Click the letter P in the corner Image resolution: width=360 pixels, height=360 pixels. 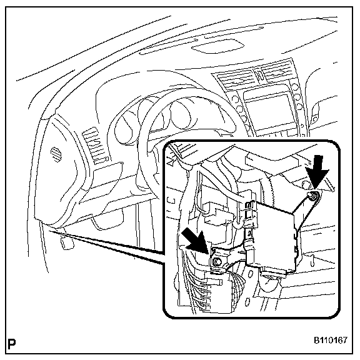click(12, 344)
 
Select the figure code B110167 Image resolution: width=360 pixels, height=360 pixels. click(331, 340)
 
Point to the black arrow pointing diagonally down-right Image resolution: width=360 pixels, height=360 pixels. click(196, 242)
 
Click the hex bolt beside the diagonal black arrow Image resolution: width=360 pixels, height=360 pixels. click(216, 261)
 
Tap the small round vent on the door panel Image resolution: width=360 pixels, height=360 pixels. click(56, 154)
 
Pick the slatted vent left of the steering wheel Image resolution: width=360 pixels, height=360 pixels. click(95, 146)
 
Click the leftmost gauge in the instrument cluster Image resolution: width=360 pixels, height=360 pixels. click(124, 131)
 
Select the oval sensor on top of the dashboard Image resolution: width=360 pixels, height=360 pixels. click(217, 46)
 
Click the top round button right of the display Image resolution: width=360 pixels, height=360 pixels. click(296, 87)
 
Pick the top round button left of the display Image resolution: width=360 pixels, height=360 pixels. click(236, 99)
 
